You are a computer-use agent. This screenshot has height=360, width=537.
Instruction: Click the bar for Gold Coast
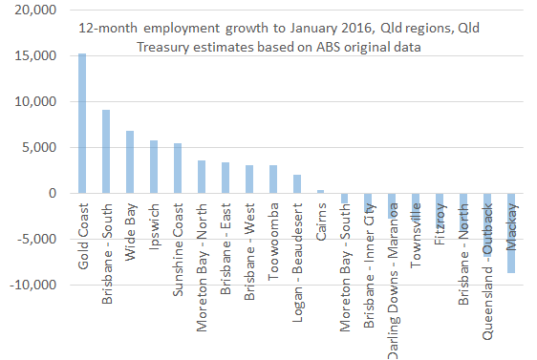[82, 123]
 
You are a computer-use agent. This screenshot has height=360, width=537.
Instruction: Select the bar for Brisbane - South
[106, 152]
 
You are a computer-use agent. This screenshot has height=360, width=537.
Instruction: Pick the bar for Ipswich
[154, 167]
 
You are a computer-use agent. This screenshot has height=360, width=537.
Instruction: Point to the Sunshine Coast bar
[178, 168]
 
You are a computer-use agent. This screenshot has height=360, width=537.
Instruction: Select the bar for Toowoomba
[273, 180]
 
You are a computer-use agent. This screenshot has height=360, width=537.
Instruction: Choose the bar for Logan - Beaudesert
[297, 184]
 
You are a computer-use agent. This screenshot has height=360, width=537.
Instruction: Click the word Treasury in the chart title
[166, 47]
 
